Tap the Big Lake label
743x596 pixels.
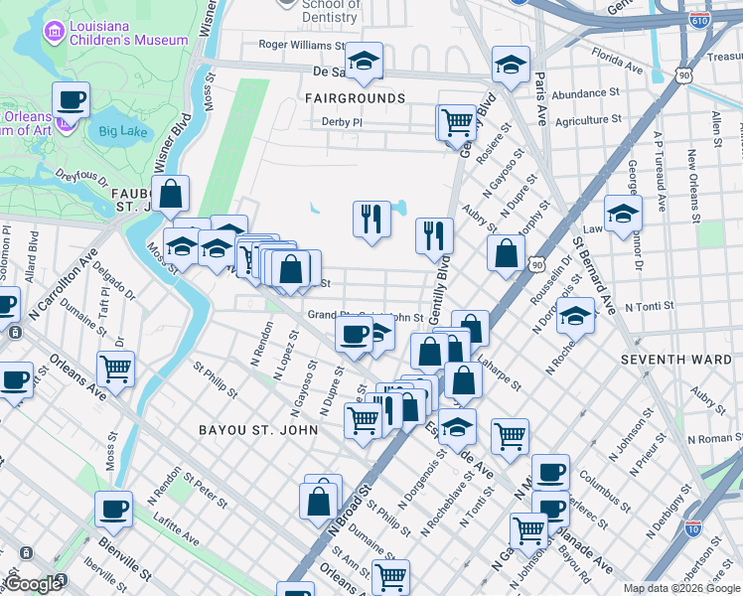pos(122,130)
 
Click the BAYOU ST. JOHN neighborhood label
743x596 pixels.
pos(258,430)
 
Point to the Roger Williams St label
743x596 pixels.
pos(300,44)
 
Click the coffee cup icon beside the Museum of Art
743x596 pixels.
pos(72,100)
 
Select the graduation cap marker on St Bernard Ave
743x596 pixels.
pos(623,214)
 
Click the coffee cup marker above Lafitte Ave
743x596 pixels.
pos(113,510)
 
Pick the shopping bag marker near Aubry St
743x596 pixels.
pos(506,253)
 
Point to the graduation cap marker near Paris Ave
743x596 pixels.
pos(511,67)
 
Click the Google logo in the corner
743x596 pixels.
pos(33,584)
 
